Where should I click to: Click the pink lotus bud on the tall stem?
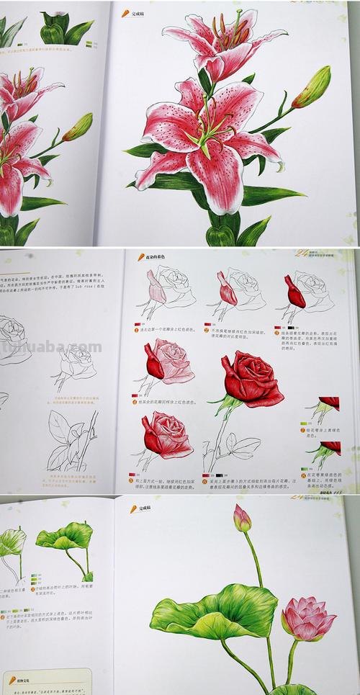click(241, 518)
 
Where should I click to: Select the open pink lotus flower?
click(307, 618)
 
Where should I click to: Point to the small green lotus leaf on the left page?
click(66, 537)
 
